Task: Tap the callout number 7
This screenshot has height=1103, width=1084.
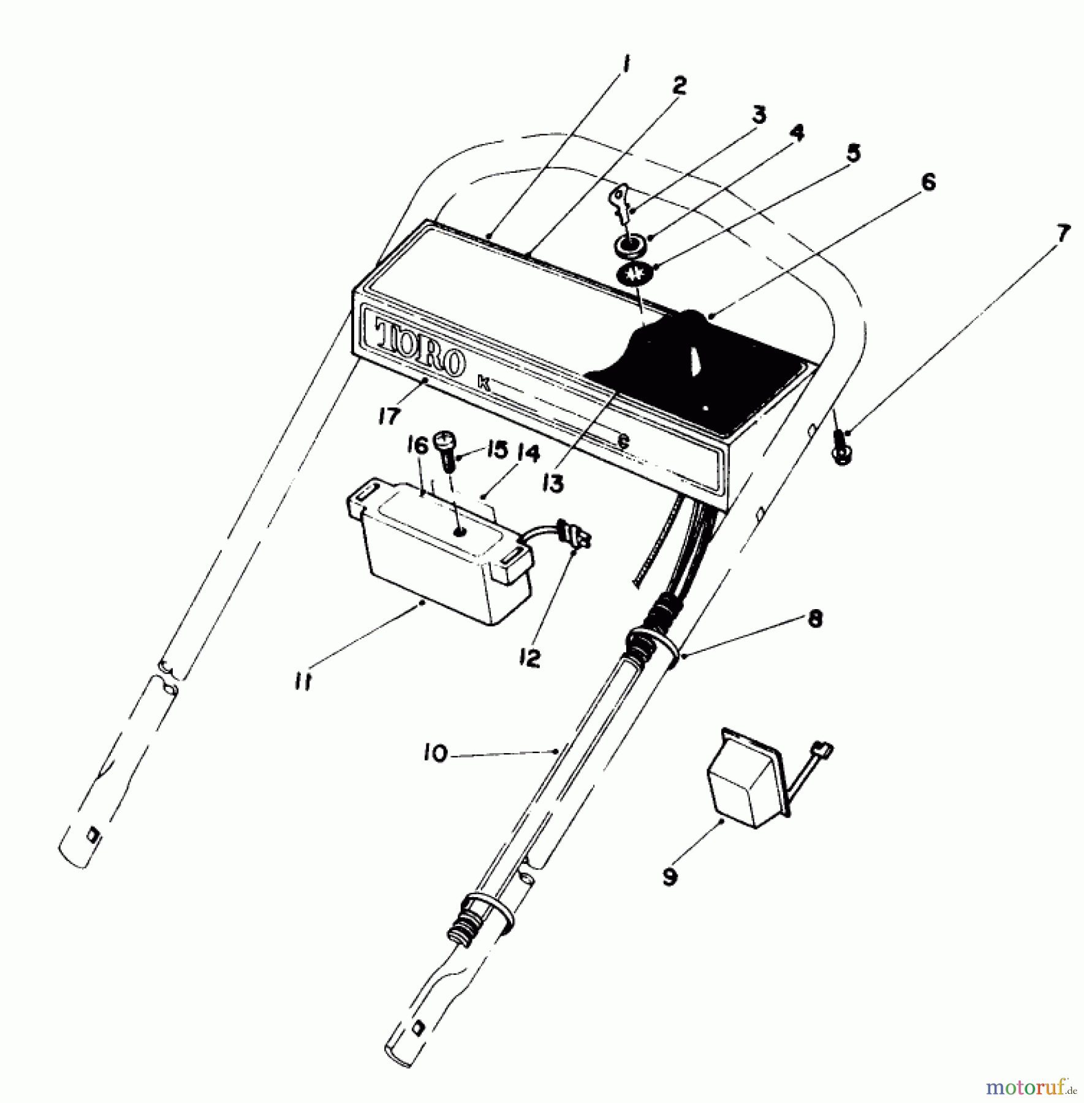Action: click(x=1063, y=233)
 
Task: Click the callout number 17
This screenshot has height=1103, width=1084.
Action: click(x=389, y=416)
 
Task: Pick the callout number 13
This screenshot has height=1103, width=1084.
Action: click(x=553, y=484)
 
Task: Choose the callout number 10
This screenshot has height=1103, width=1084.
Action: click(x=435, y=753)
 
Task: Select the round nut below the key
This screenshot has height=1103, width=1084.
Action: click(x=629, y=243)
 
